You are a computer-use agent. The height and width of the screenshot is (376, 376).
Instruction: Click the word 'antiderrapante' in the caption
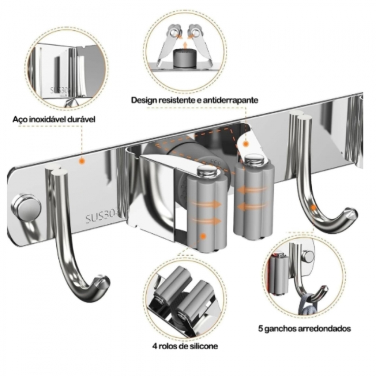pyautogui.click(x=230, y=100)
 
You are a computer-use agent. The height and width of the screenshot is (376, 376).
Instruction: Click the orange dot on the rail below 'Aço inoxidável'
pyautogui.click(x=82, y=161)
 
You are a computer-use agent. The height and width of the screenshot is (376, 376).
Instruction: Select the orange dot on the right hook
pyautogui.click(x=313, y=207)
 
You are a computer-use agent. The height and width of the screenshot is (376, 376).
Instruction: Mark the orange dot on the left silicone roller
pyautogui.click(x=203, y=237)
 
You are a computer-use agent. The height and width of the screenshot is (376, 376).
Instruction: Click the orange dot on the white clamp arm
pyautogui.click(x=246, y=144)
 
